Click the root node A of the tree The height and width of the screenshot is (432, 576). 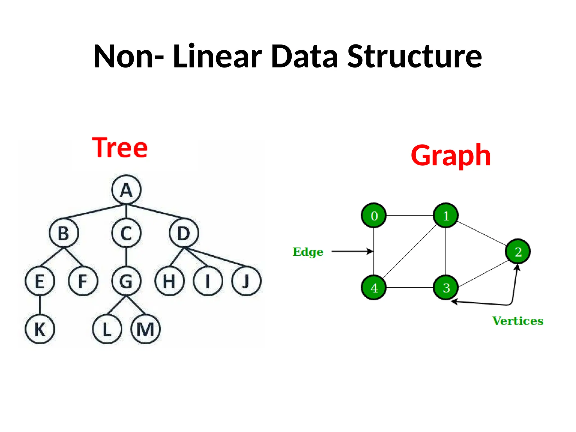point(126,190)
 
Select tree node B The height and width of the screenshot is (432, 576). point(64,233)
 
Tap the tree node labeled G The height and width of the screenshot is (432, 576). point(126,281)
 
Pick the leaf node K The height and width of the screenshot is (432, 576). point(40,329)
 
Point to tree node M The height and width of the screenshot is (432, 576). point(145,329)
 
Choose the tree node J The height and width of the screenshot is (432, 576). point(246,281)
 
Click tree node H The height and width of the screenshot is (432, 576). point(169,281)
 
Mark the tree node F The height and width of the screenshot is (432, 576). point(83,281)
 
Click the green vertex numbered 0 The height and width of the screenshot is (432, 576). point(374,216)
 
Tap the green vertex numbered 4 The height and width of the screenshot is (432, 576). point(374,288)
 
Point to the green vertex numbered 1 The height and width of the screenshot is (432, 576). point(446,216)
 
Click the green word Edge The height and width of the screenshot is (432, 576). point(308,252)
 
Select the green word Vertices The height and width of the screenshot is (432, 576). point(518,321)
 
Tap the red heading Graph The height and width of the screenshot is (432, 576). point(451,155)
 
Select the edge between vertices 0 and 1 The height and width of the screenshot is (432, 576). point(410,215)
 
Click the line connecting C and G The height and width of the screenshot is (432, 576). point(126,257)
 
